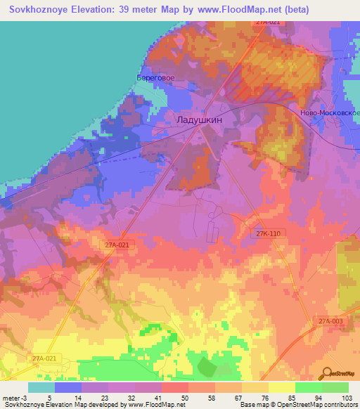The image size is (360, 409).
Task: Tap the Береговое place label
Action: click(x=155, y=78)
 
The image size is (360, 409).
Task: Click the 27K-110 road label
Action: click(x=270, y=233)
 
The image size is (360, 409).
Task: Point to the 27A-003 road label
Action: click(x=330, y=321)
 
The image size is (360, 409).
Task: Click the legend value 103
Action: click(x=347, y=398)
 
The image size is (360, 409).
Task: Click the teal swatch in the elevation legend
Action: click(x=41, y=387)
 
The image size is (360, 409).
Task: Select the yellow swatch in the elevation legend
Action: click(x=282, y=387)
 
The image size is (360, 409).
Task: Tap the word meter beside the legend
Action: click(x=11, y=398)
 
